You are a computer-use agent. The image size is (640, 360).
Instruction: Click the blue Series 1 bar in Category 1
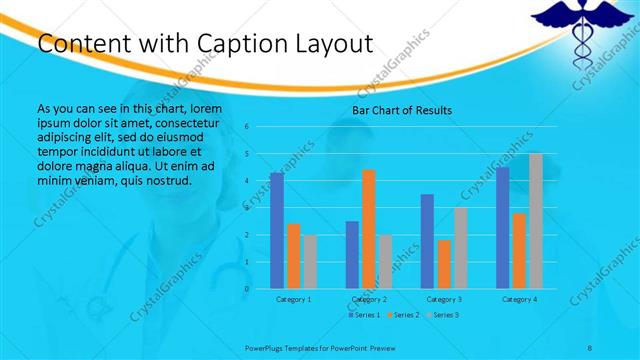point(277,231)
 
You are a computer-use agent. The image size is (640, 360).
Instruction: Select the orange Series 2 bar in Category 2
point(368,229)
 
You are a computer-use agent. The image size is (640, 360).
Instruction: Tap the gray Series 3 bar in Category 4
point(535,221)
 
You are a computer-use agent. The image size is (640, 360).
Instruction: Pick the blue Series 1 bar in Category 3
point(427,241)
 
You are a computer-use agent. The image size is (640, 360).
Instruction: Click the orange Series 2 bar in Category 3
point(443,264)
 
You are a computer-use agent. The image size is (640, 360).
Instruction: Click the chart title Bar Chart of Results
point(401,110)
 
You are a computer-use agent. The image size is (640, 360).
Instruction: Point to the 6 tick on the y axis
point(247,127)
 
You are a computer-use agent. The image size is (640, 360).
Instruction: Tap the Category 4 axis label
point(518,299)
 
